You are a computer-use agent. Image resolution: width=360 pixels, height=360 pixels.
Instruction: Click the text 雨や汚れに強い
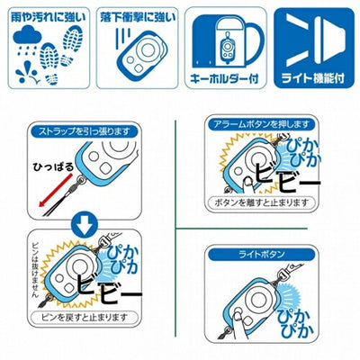pyautogui.click(x=45, y=16)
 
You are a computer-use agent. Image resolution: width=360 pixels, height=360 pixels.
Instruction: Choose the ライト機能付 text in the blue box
pyautogui.click(x=311, y=78)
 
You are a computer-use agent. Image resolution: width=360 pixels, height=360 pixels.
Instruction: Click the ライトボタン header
pyautogui.click(x=256, y=256)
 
